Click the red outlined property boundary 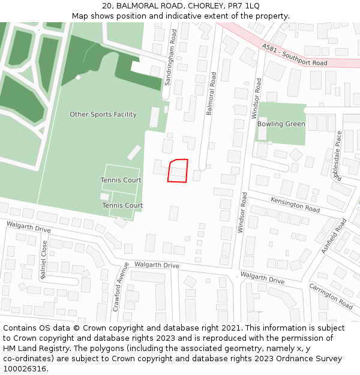(x=178, y=170)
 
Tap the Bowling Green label (x=281, y=124)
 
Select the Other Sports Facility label (x=103, y=115)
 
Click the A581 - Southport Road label (x=295, y=55)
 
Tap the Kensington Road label (x=295, y=205)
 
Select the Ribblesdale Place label (x=339, y=155)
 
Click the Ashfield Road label (x=334, y=236)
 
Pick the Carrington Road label (x=330, y=296)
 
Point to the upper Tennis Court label (x=121, y=180)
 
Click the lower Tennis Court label (x=122, y=205)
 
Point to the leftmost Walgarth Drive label (x=29, y=227)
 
